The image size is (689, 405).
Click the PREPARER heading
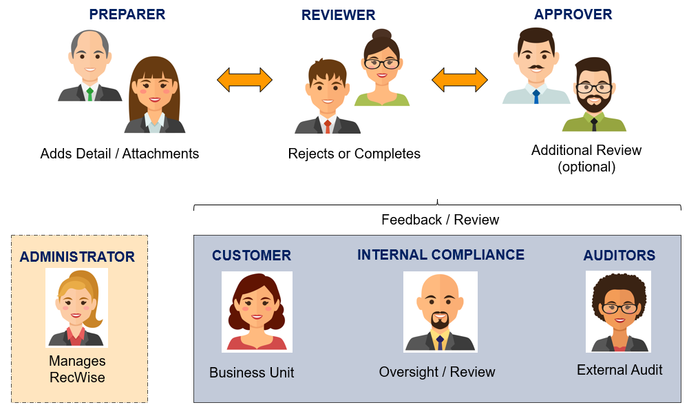point(127,14)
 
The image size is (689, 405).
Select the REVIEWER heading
point(338,15)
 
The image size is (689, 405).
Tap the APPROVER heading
point(573,14)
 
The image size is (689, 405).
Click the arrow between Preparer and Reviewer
point(244,80)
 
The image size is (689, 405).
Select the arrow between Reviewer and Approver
point(459,80)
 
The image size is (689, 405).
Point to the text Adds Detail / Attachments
point(120,154)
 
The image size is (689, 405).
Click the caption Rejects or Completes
point(354,154)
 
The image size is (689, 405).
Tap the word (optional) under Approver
point(586,167)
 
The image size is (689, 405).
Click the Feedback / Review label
point(440,220)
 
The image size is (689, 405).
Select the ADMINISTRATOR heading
point(77,257)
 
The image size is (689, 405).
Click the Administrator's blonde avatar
point(77,308)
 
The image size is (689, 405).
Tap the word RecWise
point(77,377)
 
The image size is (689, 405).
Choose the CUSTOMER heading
point(251,256)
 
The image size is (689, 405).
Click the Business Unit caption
point(251,373)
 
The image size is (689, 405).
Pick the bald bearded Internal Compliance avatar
point(440,311)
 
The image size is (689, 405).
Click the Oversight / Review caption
point(436,372)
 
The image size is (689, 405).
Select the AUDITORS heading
point(619,256)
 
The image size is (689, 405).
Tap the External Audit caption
point(619,370)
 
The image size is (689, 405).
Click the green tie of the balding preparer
point(89,94)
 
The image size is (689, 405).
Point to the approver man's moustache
point(536,67)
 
